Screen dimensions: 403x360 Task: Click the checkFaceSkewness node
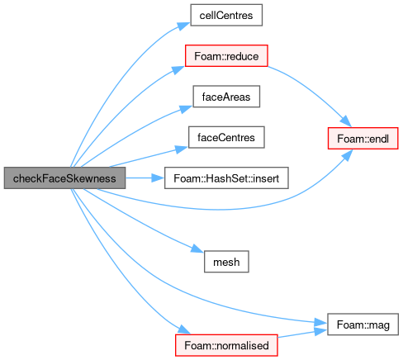(64, 178)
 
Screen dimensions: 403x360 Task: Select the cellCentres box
(226, 15)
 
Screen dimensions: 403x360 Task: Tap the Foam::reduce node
(226, 56)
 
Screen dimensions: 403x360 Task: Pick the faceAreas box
(226, 97)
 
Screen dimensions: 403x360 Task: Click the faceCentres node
(226, 137)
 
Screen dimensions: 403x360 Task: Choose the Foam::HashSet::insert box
(226, 178)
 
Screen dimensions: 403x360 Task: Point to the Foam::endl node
(363, 139)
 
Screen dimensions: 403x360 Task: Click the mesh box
(226, 262)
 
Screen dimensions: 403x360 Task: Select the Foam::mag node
(363, 324)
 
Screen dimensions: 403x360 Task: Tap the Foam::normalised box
(226, 345)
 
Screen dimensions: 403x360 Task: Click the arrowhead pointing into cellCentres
(183, 26)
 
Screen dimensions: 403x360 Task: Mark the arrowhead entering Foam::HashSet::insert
(158, 178)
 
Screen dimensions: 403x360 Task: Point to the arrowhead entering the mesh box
(197, 249)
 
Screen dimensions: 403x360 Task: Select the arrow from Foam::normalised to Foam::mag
(302, 334)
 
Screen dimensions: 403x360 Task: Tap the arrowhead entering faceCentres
(182, 149)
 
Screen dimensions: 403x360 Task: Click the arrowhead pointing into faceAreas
(186, 109)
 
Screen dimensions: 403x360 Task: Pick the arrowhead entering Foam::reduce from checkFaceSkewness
(178, 69)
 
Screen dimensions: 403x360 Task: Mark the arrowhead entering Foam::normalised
(184, 329)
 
